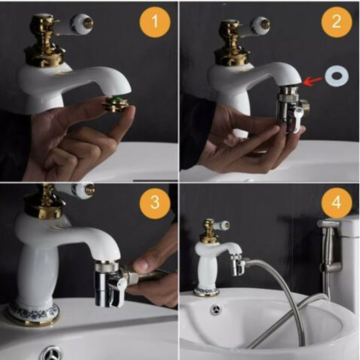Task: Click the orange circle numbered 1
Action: pyautogui.click(x=155, y=22)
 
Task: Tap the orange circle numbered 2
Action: pyautogui.click(x=336, y=22)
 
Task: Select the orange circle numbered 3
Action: pyautogui.click(x=155, y=202)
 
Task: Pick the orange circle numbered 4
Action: pyautogui.click(x=336, y=202)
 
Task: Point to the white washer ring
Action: pyautogui.click(x=337, y=76)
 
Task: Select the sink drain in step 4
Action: pyautogui.click(x=216, y=309)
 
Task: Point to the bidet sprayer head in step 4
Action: pyautogui.click(x=328, y=224)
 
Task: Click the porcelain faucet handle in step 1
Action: pyautogui.click(x=81, y=24)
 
